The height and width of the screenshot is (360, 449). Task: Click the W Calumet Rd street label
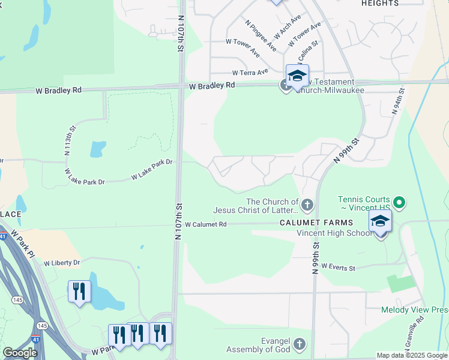(x=205, y=224)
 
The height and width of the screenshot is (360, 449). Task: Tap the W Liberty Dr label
(x=58, y=263)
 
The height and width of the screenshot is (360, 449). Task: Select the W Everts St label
(x=338, y=267)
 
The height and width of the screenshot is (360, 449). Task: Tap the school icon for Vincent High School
(x=380, y=221)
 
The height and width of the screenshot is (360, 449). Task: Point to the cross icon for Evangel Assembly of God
(x=300, y=344)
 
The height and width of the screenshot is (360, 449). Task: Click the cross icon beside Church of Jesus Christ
(x=307, y=205)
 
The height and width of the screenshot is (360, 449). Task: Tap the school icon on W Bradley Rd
(x=297, y=76)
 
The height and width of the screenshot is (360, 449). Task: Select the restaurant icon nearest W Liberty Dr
(x=79, y=292)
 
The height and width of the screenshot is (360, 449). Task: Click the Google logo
(x=20, y=353)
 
